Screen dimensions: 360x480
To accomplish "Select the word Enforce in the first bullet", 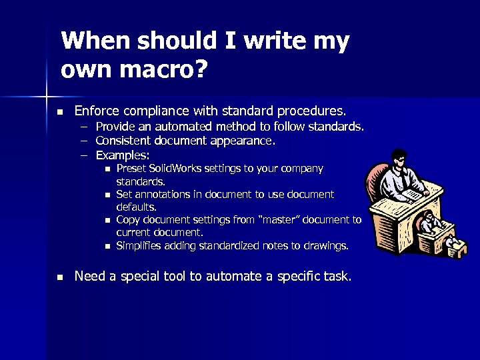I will point(97,110).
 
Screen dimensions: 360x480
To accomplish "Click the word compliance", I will point(155,110).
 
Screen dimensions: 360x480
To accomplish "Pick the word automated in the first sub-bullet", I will point(175,126).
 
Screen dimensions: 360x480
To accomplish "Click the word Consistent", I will point(122,141).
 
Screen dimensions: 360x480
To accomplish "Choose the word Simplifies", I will point(139,245).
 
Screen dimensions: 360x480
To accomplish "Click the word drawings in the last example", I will point(325,245).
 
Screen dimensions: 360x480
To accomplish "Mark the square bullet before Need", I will point(59,277).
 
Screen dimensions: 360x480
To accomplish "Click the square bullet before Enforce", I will point(59,111).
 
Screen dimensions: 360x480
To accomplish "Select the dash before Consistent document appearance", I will point(85,141).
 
